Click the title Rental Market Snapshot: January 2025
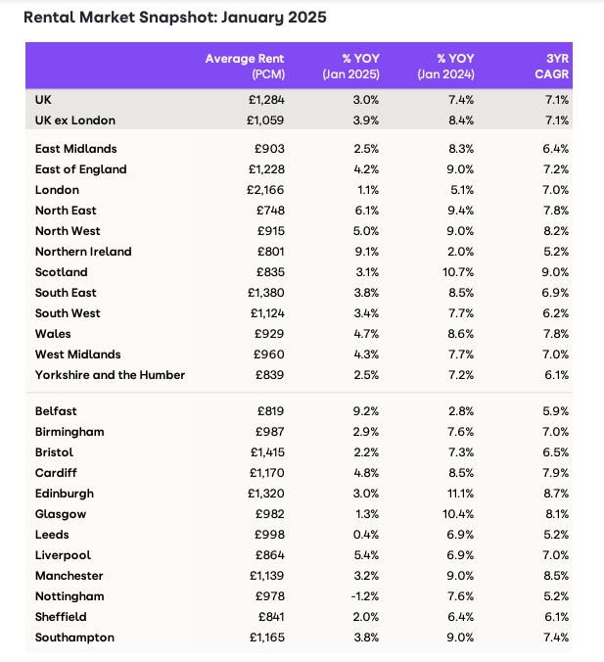(x=175, y=18)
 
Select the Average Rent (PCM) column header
(x=245, y=67)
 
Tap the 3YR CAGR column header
(x=552, y=67)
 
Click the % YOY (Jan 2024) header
(x=445, y=67)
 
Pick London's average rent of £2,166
(x=265, y=190)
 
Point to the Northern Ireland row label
(x=83, y=252)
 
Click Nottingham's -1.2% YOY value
(x=365, y=596)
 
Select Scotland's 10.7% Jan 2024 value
(x=458, y=272)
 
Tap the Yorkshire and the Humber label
(x=110, y=375)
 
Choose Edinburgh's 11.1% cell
(x=460, y=494)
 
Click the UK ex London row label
(x=75, y=120)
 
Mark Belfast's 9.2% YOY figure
(x=366, y=411)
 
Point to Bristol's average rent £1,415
(x=267, y=452)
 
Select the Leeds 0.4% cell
(x=366, y=535)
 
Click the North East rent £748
(x=270, y=211)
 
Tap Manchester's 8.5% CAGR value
(x=555, y=576)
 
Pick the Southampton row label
(x=74, y=638)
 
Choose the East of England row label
(x=80, y=169)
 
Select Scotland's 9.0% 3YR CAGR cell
(x=555, y=272)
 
